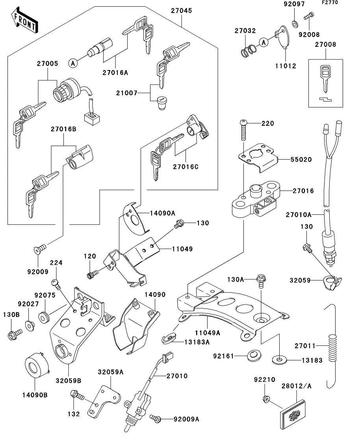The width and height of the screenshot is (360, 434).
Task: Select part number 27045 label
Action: pos(182,11)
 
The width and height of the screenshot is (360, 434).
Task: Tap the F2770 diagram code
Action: pos(341,3)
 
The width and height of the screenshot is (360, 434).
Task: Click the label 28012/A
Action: pos(296,387)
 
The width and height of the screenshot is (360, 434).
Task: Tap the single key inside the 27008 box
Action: pos(325,77)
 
